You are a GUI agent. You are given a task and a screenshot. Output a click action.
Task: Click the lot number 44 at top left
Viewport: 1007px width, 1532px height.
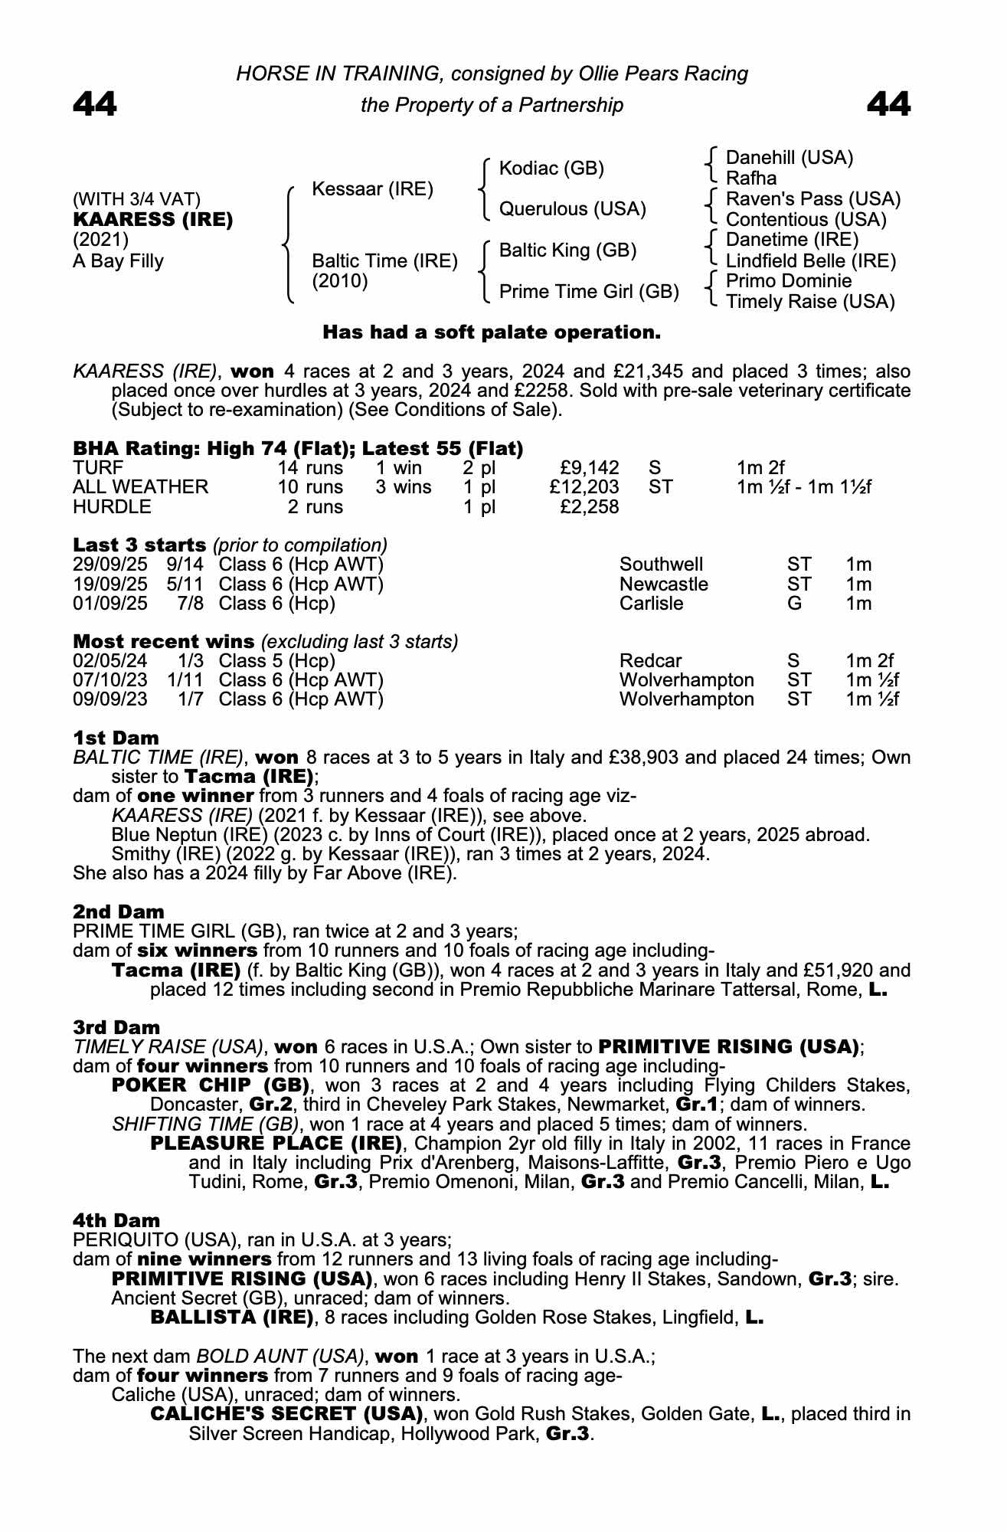(x=95, y=105)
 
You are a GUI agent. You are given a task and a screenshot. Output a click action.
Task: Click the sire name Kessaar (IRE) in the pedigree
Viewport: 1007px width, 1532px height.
(x=372, y=188)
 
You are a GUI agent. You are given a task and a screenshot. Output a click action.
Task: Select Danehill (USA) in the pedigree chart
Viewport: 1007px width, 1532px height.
(x=789, y=158)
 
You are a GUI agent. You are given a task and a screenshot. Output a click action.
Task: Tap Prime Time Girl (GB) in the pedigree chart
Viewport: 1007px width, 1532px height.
(x=588, y=291)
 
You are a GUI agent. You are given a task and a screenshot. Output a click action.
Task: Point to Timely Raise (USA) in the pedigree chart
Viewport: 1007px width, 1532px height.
(x=809, y=302)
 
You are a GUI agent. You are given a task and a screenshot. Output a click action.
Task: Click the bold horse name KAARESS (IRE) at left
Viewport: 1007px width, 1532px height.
(x=152, y=220)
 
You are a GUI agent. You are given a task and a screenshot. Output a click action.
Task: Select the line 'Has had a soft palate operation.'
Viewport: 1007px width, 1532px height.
(x=491, y=332)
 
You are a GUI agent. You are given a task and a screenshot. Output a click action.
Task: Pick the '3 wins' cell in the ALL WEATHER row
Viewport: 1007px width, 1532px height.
(x=403, y=487)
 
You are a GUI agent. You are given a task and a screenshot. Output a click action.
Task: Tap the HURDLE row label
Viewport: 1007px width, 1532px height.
(x=112, y=506)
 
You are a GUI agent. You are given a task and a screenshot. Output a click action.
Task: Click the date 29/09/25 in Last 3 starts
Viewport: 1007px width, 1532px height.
(x=110, y=565)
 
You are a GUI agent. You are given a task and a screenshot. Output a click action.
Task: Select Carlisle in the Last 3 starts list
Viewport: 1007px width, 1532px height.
(x=651, y=603)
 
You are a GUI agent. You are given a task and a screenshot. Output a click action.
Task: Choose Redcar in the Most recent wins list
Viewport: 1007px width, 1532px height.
(x=650, y=660)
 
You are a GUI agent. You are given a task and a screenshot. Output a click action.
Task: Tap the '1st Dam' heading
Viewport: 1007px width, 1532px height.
(x=116, y=738)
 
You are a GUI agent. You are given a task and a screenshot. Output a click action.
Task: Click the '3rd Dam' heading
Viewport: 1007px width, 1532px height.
(x=116, y=1027)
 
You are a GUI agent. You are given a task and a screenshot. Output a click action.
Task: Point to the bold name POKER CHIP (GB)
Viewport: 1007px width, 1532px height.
(x=210, y=1085)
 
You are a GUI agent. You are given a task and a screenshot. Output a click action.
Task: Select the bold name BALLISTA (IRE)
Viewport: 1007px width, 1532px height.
(x=232, y=1318)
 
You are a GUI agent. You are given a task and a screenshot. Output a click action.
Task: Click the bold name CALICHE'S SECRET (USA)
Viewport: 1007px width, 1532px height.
(x=286, y=1414)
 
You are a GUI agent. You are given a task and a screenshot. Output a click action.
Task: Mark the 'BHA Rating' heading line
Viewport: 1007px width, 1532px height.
(x=298, y=448)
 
